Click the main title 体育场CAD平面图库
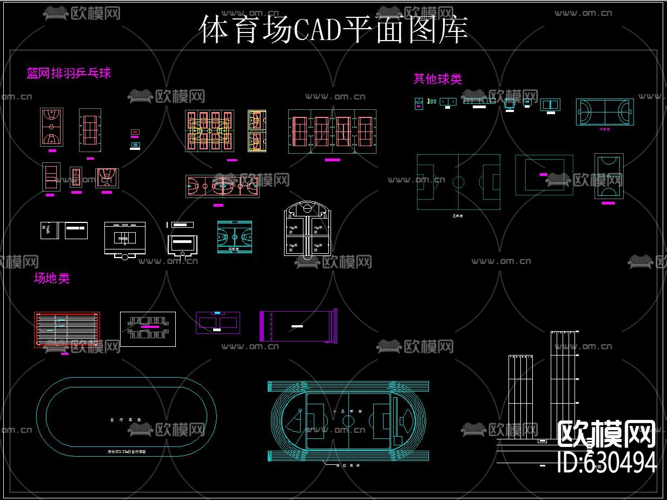click(333, 30)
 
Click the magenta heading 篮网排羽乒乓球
click(69, 73)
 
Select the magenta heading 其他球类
click(438, 79)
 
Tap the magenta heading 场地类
click(52, 279)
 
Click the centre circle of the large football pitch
click(458, 182)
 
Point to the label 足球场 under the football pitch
click(458, 215)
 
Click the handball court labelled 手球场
click(604, 112)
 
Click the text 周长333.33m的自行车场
click(126, 451)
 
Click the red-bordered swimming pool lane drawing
click(67, 330)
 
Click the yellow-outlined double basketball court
click(257, 131)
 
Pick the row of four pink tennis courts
click(332, 131)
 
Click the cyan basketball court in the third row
click(234, 237)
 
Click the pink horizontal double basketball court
click(222, 186)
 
